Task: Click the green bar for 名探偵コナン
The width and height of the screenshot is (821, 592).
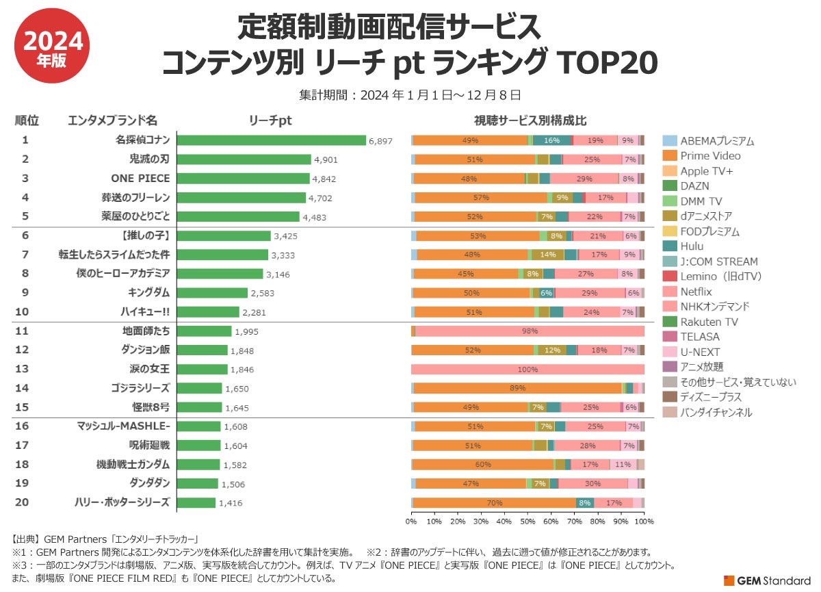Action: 272,140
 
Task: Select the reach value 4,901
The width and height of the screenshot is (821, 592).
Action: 326,159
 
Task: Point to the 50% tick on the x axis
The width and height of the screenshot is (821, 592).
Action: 527,522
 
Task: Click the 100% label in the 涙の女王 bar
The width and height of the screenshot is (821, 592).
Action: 527,370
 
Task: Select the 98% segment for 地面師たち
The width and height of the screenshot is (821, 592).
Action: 530,331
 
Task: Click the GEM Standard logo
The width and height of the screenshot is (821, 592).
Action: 767,580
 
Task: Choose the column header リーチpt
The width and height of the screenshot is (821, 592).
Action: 271,120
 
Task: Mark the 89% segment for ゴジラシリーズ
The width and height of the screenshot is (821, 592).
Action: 517,389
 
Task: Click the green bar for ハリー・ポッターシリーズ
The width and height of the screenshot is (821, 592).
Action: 196,502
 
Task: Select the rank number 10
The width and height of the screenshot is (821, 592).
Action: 22,312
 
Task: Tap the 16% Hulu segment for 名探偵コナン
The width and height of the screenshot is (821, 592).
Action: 551,140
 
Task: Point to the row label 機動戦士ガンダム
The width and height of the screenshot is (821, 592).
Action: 133,464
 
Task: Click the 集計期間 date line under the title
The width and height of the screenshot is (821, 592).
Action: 410,94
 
